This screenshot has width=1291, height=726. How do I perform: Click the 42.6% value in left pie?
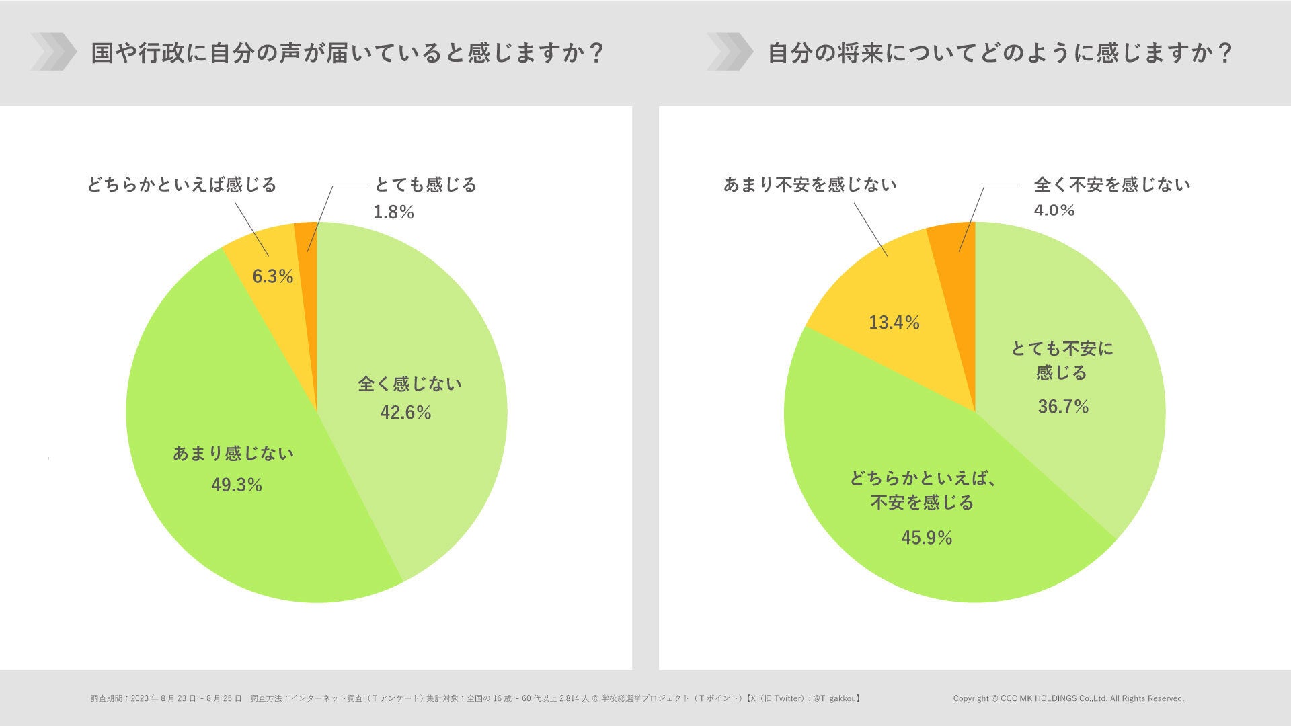pos(405,413)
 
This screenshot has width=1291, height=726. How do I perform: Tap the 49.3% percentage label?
pos(237,485)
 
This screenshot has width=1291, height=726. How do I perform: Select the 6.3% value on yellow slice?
pos(272,276)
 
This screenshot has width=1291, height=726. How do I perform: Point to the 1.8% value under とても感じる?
pos(393,212)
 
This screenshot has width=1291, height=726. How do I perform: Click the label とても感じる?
pos(426,184)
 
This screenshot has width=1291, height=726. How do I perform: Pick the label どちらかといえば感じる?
pos(182,184)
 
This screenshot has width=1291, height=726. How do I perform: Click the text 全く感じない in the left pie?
pos(409,384)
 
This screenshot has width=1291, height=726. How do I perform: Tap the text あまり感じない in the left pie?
pos(233,454)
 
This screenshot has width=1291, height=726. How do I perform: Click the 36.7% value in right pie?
pos(1063,407)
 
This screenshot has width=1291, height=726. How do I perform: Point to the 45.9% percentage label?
pos(927,538)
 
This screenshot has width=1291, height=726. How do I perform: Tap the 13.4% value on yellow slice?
pos(894,323)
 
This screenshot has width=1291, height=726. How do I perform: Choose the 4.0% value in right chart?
pos(1054,210)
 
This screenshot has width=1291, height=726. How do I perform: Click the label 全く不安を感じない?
pos(1111,184)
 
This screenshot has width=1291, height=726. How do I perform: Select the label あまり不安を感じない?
pos(810,184)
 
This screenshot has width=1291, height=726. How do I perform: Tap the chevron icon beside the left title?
pos(53,52)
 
